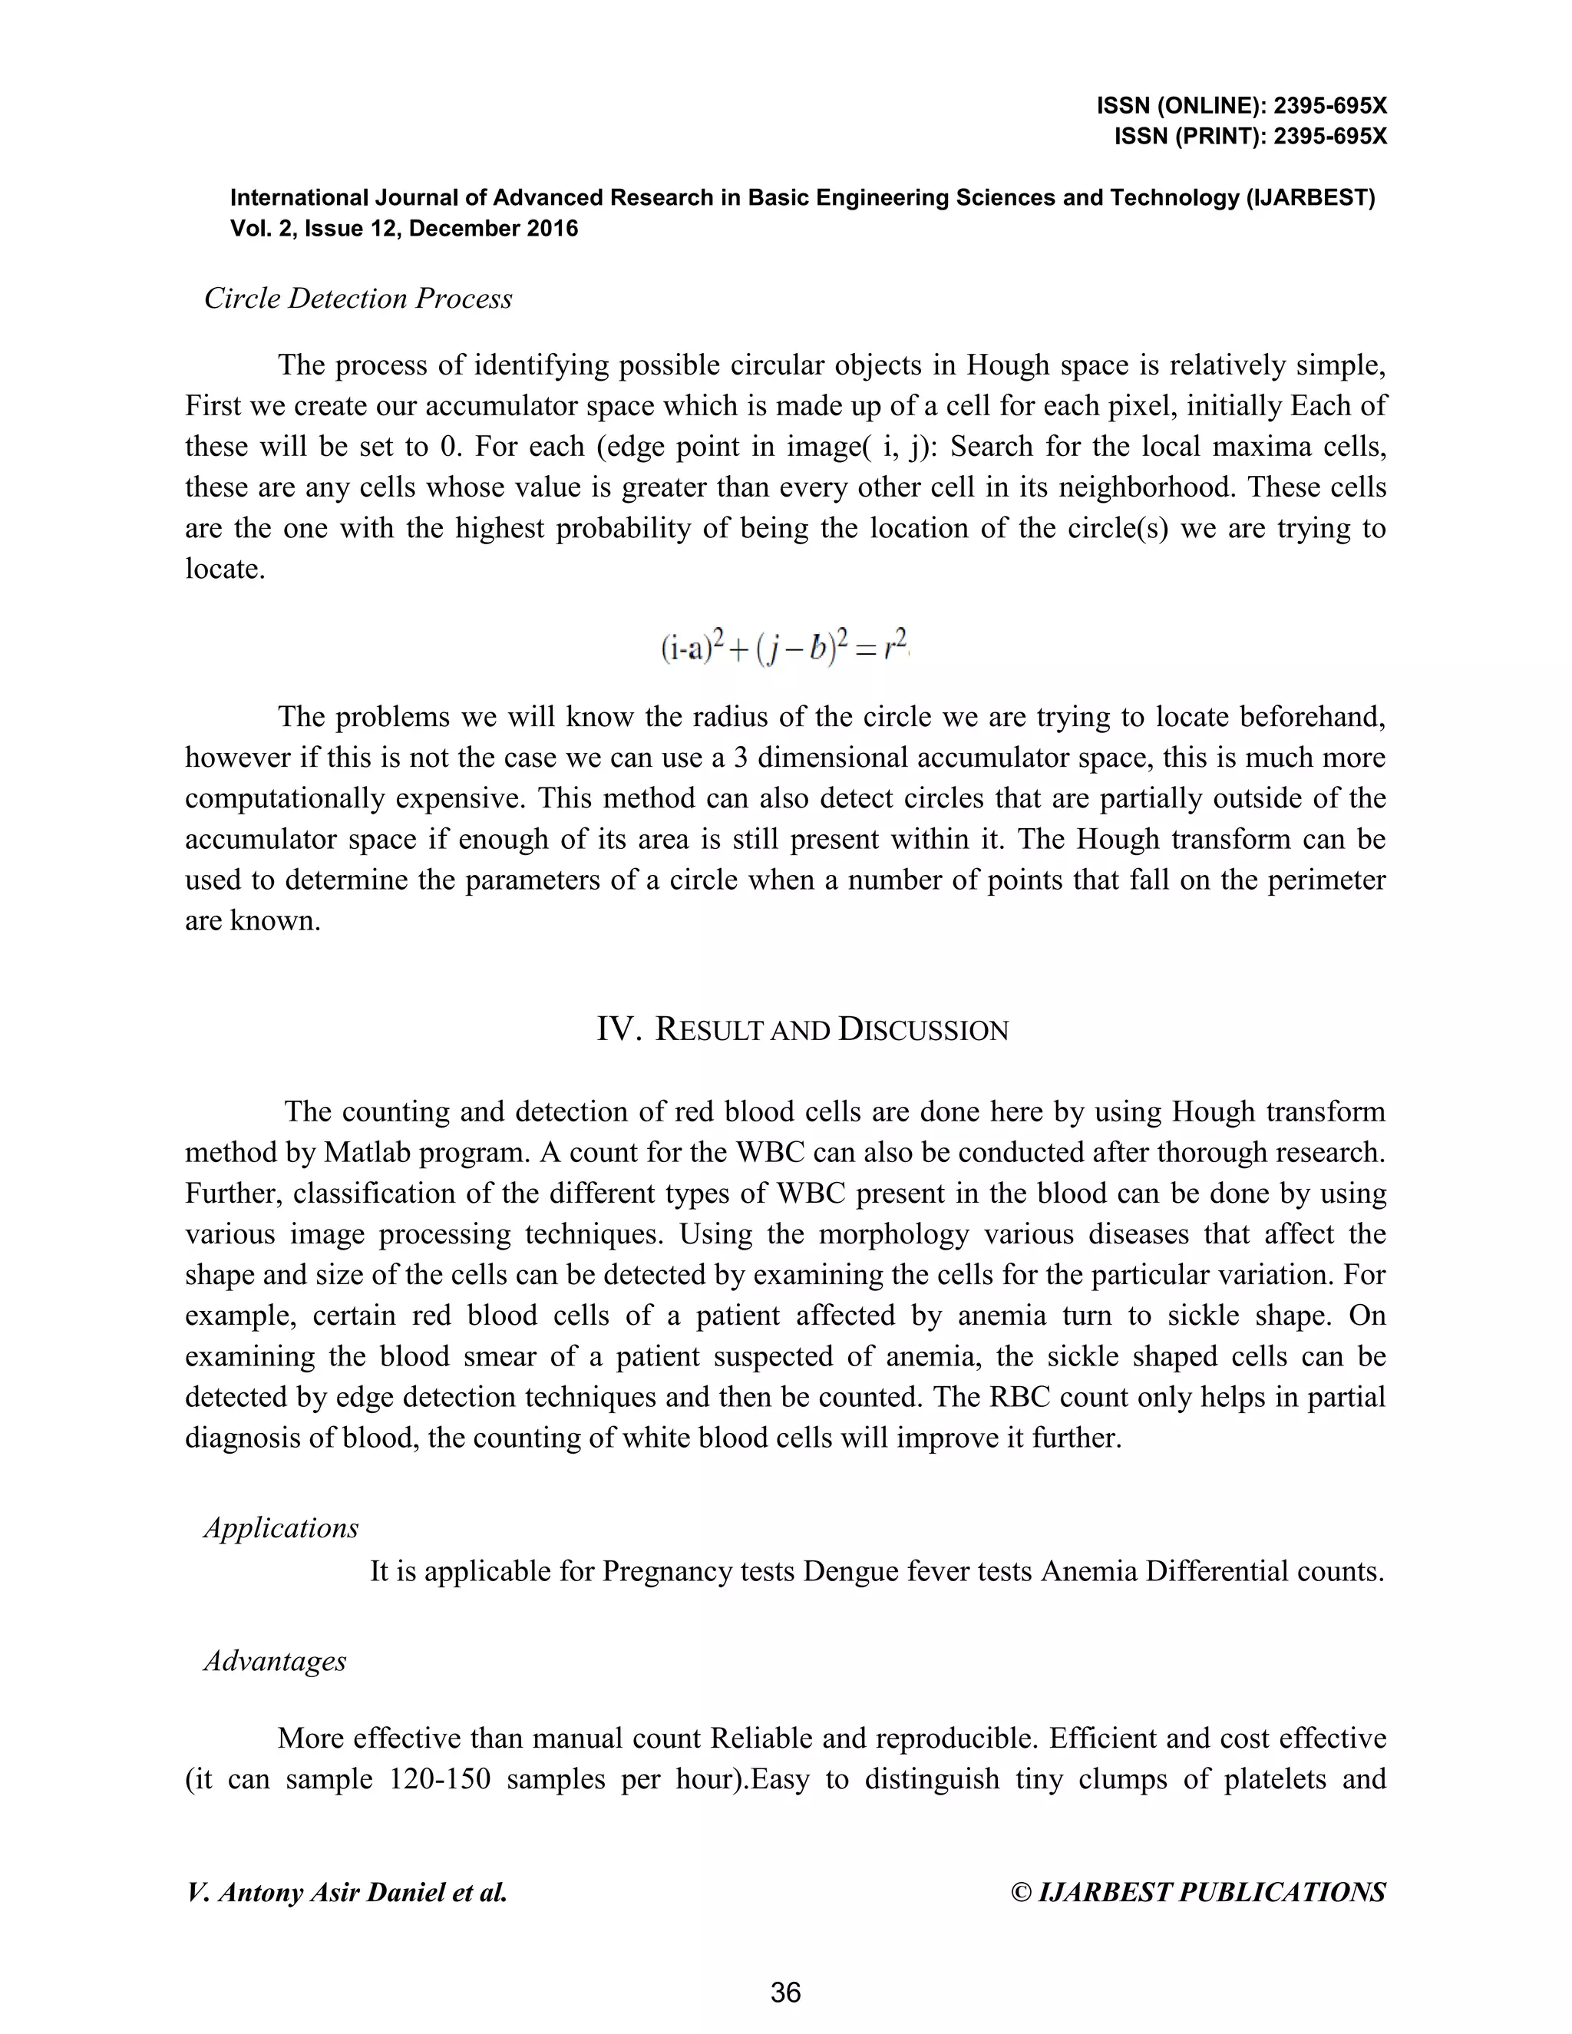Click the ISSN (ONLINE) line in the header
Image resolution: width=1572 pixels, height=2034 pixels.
click(1241, 106)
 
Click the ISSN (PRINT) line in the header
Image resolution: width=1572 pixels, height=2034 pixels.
click(1250, 137)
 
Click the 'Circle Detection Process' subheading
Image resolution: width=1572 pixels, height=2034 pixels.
click(358, 298)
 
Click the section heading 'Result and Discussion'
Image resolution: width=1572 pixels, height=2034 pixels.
click(831, 1030)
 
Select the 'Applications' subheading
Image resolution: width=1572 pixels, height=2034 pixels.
click(280, 1528)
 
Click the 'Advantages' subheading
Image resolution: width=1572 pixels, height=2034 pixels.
click(275, 1662)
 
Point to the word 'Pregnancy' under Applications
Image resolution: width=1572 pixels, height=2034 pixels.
click(668, 1572)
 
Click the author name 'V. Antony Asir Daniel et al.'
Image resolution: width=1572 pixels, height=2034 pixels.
click(346, 1893)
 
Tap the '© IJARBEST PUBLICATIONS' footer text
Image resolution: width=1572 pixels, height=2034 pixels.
click(1197, 1893)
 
